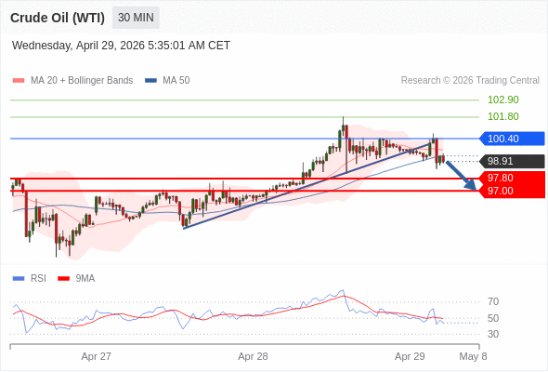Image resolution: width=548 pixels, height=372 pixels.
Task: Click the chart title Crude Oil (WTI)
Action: tap(58, 18)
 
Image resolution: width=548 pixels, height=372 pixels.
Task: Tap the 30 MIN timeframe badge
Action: tap(137, 18)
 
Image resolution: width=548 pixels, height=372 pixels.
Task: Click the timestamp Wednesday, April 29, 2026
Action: tap(121, 46)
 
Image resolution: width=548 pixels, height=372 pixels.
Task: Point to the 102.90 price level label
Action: tap(502, 100)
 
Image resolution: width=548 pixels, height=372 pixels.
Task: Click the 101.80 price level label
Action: tap(502, 116)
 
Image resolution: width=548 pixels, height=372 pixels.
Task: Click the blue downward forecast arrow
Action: tap(463, 176)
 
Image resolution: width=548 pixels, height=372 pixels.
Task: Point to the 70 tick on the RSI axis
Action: tap(493, 301)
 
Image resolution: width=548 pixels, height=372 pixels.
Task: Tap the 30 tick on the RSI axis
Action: tap(493, 334)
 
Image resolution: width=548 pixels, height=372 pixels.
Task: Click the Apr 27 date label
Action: tap(96, 356)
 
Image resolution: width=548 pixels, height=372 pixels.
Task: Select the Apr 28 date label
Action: tap(253, 356)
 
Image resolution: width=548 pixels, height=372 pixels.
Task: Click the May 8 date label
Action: tap(473, 356)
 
